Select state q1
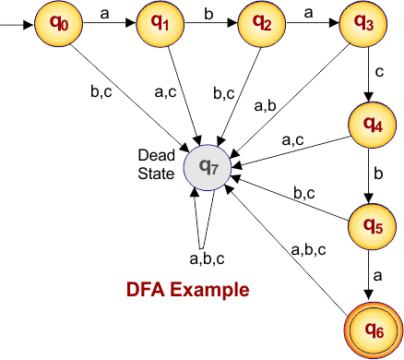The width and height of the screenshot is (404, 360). click(158, 20)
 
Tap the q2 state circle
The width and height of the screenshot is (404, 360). click(260, 20)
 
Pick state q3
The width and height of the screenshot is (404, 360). click(362, 20)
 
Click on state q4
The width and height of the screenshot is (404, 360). click(371, 126)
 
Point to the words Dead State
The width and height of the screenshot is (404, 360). click(155, 162)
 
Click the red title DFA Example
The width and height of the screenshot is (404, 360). click(187, 289)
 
